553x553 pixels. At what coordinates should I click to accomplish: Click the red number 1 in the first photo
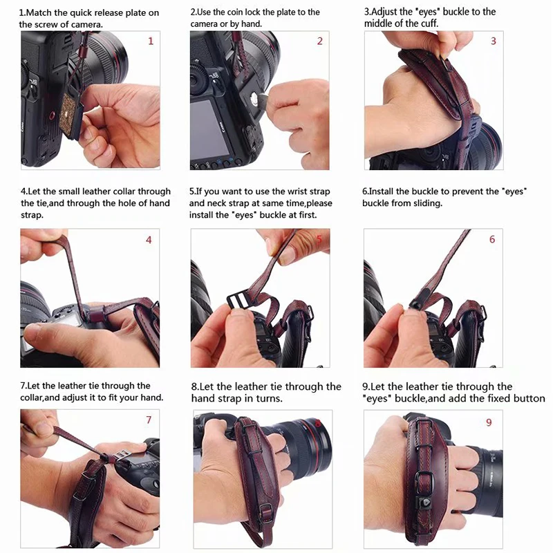[x=151, y=41]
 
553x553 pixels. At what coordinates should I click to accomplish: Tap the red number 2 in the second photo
[x=319, y=41]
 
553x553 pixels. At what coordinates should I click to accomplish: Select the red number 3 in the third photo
[x=494, y=41]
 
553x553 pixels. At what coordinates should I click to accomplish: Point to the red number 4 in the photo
[x=149, y=240]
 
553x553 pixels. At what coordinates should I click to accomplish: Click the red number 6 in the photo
[x=492, y=239]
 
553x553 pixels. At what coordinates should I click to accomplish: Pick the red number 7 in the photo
[x=149, y=420]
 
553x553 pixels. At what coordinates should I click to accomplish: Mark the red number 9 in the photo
[x=489, y=422]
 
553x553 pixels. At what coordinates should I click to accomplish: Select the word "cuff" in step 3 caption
[x=429, y=24]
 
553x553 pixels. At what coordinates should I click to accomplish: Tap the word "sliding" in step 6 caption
[x=427, y=204]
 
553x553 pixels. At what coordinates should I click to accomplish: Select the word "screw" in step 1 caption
[x=46, y=25]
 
